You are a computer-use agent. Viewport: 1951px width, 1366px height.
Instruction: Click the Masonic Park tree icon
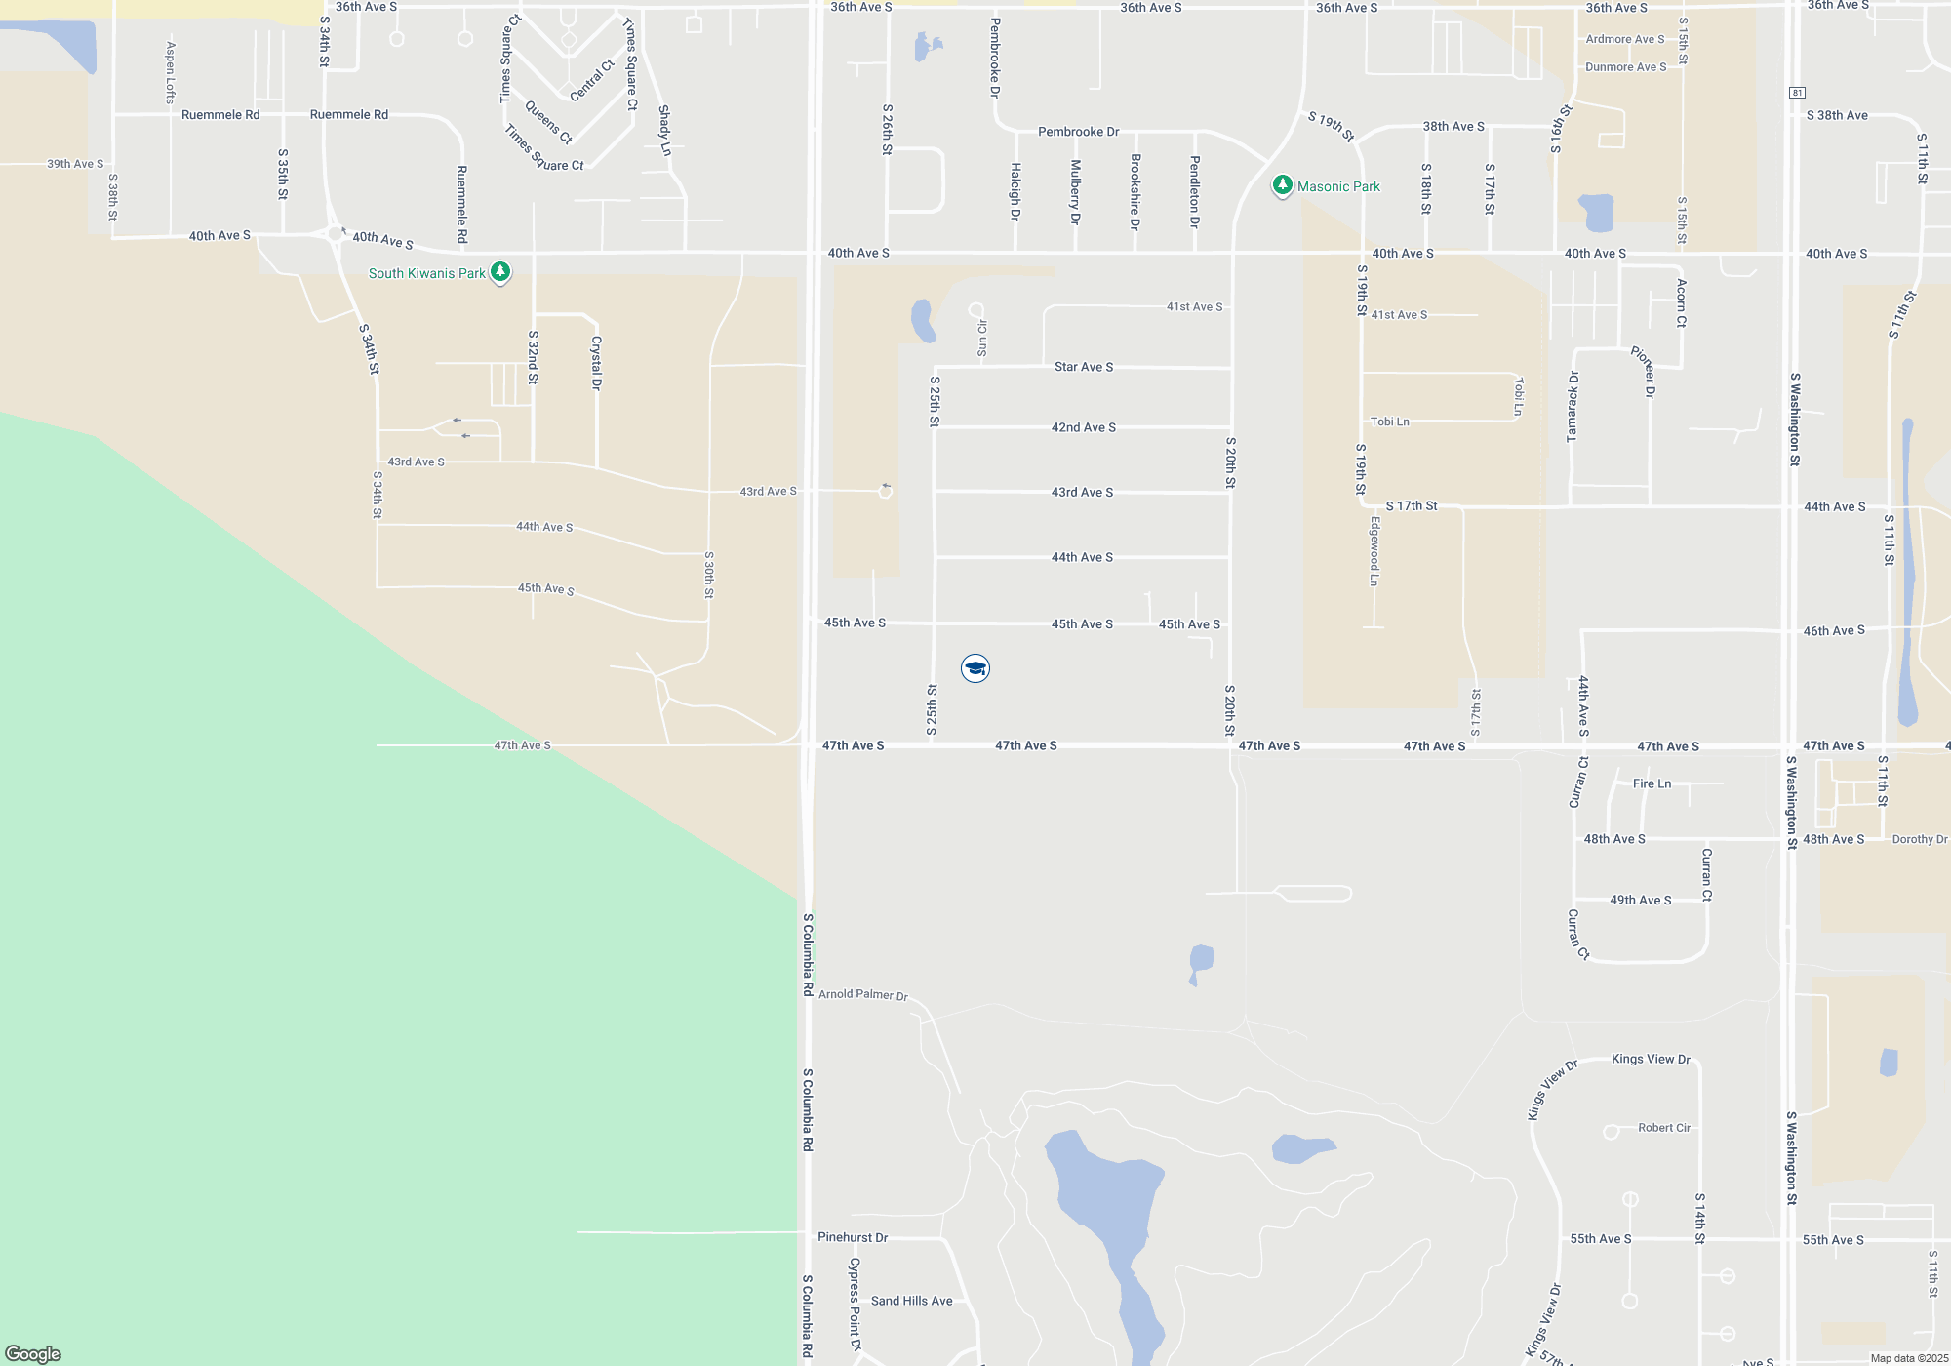tap(1282, 184)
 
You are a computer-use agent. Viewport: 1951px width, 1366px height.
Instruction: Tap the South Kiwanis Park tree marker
tap(500, 271)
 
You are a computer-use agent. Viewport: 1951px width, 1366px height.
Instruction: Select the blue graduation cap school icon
tap(975, 668)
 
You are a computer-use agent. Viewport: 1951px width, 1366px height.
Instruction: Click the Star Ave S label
tap(1083, 367)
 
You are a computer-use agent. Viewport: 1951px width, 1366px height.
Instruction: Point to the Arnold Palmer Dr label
tap(862, 994)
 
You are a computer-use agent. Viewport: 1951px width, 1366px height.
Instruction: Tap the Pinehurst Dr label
tap(853, 1237)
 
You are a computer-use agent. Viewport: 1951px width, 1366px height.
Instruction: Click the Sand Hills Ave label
tap(911, 1301)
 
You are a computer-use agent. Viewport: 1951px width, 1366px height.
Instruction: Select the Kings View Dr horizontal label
tap(1651, 1059)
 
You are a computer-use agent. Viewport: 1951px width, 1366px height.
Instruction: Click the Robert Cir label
tap(1663, 1128)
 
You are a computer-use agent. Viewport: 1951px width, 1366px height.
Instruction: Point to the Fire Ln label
tap(1652, 783)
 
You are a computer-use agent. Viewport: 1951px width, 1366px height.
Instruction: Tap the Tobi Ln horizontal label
tap(1389, 422)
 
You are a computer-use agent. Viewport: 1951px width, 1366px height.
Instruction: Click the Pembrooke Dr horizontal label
tap(1078, 132)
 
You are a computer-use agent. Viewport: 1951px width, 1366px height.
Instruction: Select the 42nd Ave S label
tap(1083, 427)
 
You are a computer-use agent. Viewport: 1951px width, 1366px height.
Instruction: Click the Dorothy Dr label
tap(1919, 839)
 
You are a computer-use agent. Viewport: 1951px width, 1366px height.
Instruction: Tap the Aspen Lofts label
tap(170, 72)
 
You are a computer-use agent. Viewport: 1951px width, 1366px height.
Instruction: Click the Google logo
tap(33, 1354)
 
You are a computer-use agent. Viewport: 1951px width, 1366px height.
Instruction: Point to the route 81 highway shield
tap(1797, 93)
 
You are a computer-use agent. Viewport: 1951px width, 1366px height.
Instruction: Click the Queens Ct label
tap(548, 122)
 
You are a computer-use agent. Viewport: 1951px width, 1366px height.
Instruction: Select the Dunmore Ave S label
tap(1625, 67)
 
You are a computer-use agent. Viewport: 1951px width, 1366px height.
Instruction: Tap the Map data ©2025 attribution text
tap(1909, 1358)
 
